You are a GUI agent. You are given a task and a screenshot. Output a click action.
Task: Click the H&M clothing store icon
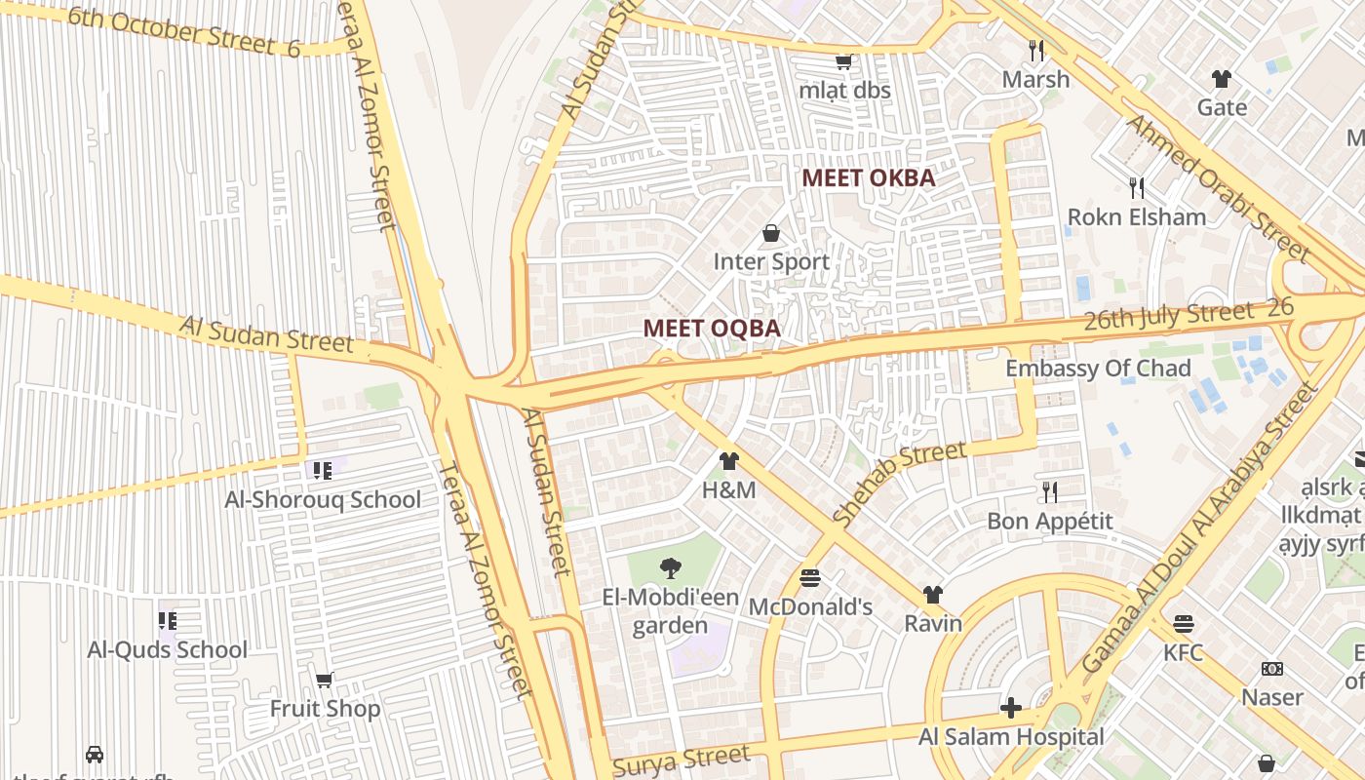pyautogui.click(x=728, y=461)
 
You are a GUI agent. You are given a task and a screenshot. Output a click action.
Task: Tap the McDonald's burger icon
pyautogui.click(x=809, y=578)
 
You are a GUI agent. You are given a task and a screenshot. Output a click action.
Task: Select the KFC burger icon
pyautogui.click(x=1184, y=624)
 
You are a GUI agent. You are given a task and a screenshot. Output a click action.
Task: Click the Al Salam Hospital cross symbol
pyautogui.click(x=1011, y=708)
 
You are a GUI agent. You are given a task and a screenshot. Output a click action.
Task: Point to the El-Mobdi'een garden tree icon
pyautogui.click(x=670, y=568)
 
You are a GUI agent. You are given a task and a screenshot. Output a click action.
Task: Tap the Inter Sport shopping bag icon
pyautogui.click(x=771, y=233)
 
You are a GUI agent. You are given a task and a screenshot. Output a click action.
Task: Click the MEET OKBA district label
pyautogui.click(x=868, y=177)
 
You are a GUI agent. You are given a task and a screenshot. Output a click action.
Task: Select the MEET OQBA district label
pyautogui.click(x=712, y=329)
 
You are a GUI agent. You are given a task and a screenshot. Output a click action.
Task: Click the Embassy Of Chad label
pyautogui.click(x=1098, y=369)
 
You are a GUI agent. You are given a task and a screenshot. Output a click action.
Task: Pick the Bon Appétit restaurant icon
pyautogui.click(x=1049, y=491)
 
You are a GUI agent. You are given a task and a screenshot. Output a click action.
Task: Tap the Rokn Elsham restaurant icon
pyautogui.click(x=1136, y=187)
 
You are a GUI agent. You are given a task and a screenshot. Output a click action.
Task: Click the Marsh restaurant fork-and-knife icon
pyautogui.click(x=1035, y=50)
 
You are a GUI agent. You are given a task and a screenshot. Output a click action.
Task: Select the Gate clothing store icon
pyautogui.click(x=1222, y=79)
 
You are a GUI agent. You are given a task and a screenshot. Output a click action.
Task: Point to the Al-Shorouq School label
pyautogui.click(x=323, y=500)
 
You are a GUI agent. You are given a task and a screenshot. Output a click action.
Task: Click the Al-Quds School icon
pyautogui.click(x=168, y=620)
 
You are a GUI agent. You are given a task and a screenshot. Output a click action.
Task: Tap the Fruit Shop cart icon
pyautogui.click(x=325, y=680)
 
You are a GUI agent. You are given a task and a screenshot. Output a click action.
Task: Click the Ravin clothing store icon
pyautogui.click(x=932, y=595)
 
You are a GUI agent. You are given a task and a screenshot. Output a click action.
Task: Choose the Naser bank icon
pyautogui.click(x=1271, y=669)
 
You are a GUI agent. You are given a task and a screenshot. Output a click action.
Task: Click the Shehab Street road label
pyautogui.click(x=900, y=484)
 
